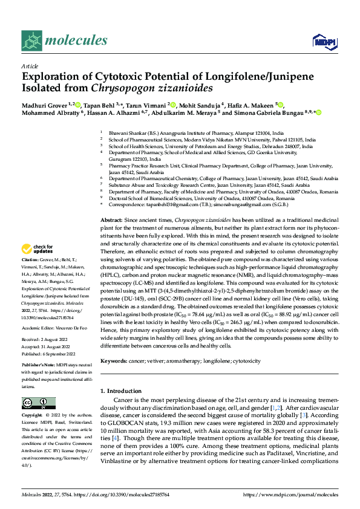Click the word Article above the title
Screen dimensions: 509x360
tap(29, 66)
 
